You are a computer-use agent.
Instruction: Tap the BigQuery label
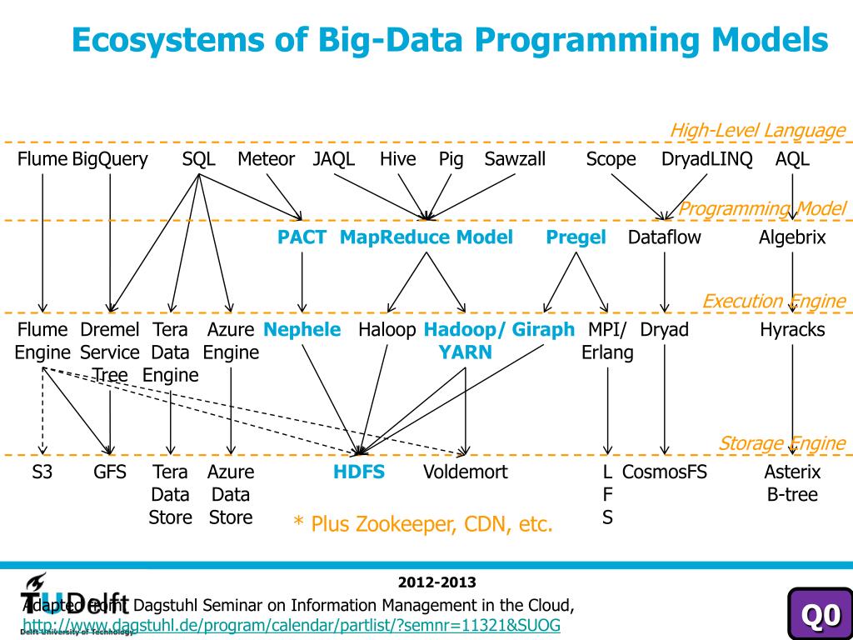pos(110,159)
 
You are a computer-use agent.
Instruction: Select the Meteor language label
pos(266,159)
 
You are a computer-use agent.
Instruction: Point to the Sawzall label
pos(515,159)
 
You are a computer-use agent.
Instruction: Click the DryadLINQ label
pos(706,159)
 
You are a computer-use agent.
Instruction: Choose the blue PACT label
pos(302,237)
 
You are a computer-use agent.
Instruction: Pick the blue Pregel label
pos(576,237)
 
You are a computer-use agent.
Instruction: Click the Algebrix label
pos(792,237)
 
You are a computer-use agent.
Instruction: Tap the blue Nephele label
pos(302,330)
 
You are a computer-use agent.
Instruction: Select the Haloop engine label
pos(387,330)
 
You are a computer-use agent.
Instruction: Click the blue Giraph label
pos(543,330)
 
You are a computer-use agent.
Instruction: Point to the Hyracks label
pos(792,330)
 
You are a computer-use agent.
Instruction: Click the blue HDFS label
pos(359,472)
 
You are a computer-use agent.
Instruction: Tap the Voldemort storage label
pos(465,472)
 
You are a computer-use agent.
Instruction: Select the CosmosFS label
pos(665,472)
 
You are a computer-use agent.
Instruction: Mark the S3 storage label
pos(42,472)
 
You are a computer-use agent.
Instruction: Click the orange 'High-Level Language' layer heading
pos(757,131)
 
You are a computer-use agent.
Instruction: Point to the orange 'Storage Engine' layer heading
pos(781,443)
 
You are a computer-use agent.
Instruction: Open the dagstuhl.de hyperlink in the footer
pos(291,625)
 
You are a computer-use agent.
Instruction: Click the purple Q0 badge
pos(820,615)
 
